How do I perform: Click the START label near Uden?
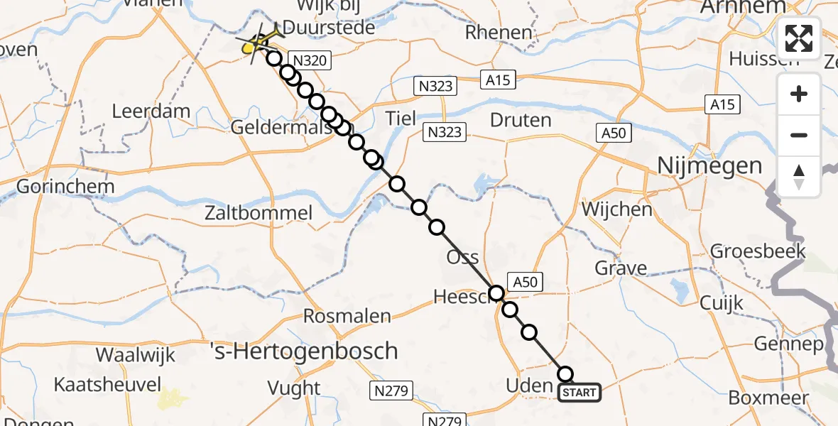tap(579, 393)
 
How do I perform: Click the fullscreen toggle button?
tap(799, 38)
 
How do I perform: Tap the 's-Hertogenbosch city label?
tap(303, 351)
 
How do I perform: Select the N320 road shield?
tap(308, 60)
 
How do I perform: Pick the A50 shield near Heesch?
tap(525, 282)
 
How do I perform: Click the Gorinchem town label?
tap(58, 187)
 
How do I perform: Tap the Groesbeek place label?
tap(758, 251)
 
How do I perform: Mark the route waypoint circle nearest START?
tap(565, 373)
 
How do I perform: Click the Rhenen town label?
tap(499, 33)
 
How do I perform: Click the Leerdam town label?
tap(151, 111)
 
